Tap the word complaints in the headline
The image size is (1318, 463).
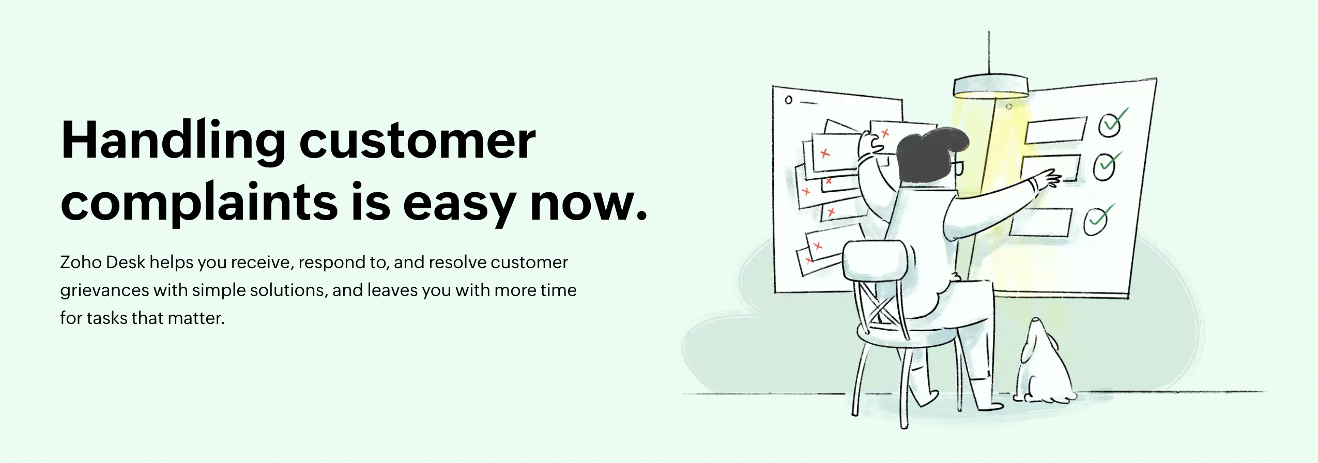(x=199, y=203)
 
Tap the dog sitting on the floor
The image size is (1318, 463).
(x=1041, y=367)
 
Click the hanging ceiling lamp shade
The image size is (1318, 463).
(x=990, y=86)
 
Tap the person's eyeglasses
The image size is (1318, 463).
(x=957, y=167)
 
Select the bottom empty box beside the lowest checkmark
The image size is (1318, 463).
(x=1040, y=222)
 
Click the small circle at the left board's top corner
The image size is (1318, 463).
(x=788, y=100)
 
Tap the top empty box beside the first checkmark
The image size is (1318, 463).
(x=1054, y=130)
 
